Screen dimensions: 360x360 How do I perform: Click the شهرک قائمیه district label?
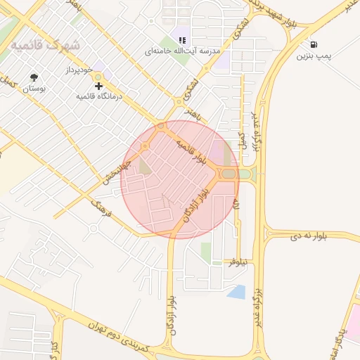pos(44,45)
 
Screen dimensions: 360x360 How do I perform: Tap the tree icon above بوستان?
pos(34,77)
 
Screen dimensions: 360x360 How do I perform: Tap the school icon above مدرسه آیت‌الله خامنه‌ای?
pos(182,40)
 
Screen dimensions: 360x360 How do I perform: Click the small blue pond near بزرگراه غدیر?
pos(237,292)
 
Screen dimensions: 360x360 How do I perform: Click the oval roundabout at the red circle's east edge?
pos(229,174)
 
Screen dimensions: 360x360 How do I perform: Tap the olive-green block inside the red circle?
pos(145,166)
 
